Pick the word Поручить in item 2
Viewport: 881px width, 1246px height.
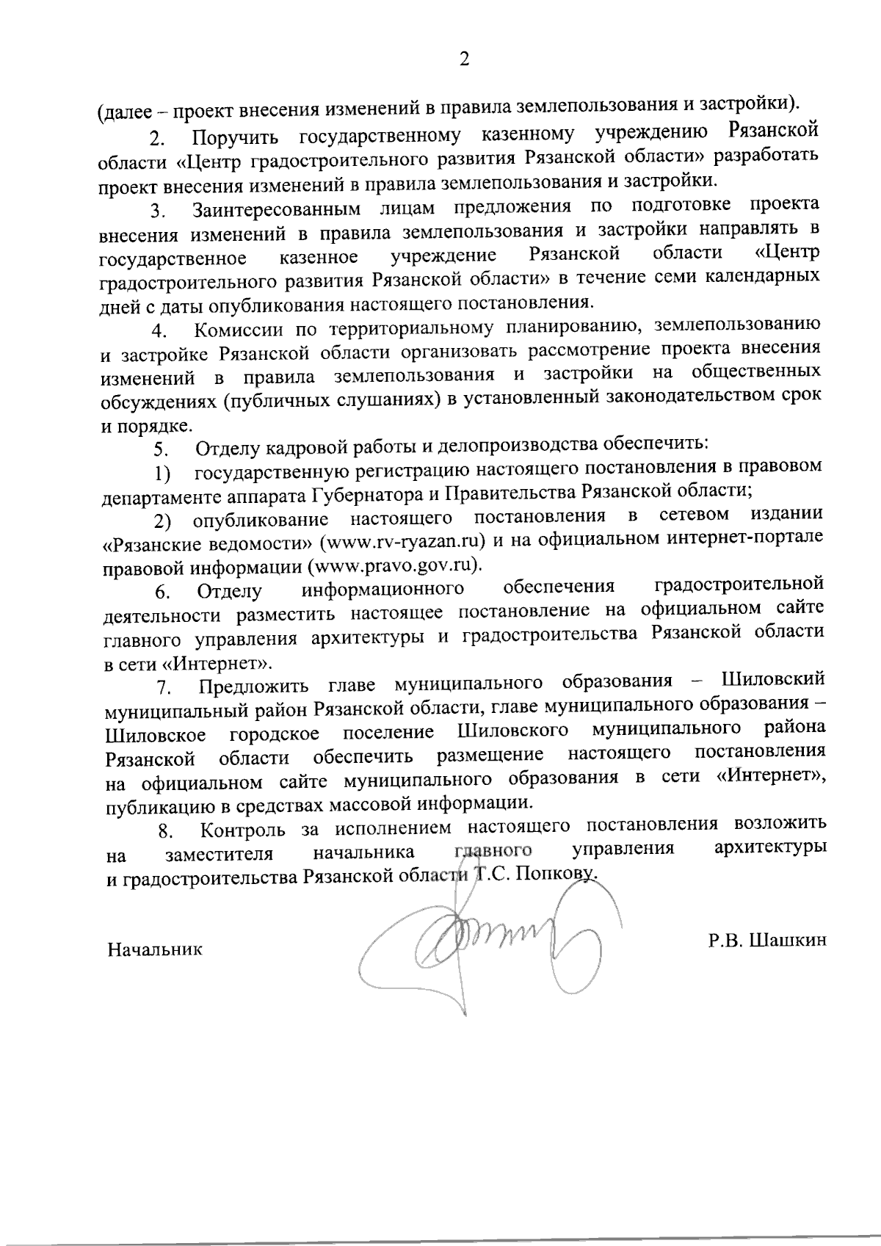click(x=235, y=137)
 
